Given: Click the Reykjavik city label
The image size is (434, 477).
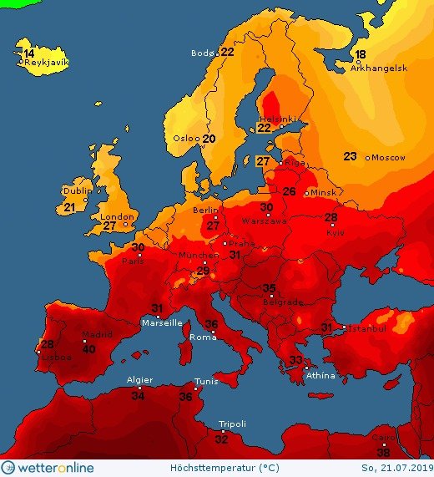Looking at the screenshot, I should tap(46, 63).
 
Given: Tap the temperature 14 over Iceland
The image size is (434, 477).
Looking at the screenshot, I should tap(28, 53).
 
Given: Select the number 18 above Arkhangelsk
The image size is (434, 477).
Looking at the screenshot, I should tap(360, 55).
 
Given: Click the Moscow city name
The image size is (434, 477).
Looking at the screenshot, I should tap(388, 157).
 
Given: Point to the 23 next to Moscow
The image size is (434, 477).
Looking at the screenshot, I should tap(351, 156).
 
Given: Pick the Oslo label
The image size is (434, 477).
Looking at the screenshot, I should tap(185, 139).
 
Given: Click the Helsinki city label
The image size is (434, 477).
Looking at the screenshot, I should tap(276, 119).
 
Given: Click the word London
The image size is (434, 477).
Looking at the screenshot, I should tap(116, 216).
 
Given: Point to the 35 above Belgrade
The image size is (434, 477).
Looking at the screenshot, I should tap(269, 288).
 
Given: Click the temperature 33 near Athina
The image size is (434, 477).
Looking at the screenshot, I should tap(295, 360).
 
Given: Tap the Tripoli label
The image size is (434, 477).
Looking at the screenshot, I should tap(232, 424).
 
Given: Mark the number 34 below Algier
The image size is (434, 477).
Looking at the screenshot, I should tap(138, 395).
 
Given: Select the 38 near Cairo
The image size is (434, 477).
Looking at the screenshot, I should tap(383, 452).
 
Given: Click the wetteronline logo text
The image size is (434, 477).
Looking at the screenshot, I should tap(56, 468).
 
